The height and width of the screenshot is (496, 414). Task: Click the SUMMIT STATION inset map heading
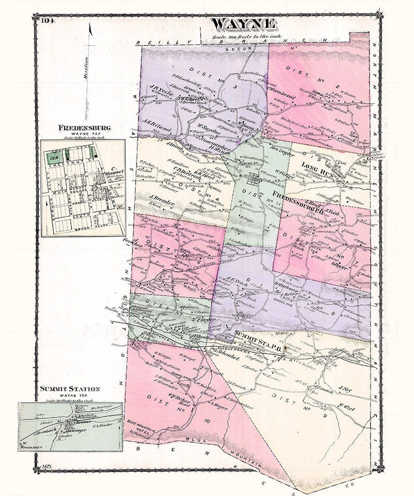70,388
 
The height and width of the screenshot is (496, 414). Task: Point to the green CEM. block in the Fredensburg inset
53,153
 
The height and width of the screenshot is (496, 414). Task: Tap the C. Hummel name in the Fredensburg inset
112,172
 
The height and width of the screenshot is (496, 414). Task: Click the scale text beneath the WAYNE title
243,36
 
